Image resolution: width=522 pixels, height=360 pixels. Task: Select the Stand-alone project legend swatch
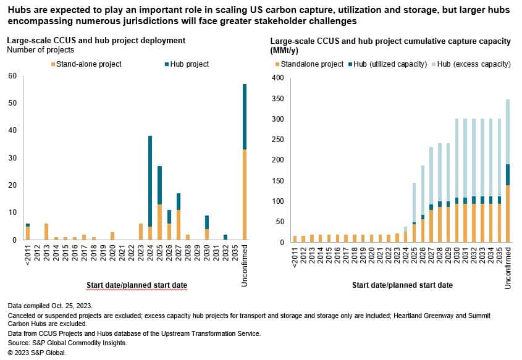(54, 64)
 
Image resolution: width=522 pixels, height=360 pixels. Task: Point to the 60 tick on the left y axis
(12, 76)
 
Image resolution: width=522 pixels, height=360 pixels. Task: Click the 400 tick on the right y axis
(278, 78)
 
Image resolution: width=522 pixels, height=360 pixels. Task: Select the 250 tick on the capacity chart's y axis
(278, 140)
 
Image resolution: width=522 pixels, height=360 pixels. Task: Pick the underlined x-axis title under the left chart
(137, 285)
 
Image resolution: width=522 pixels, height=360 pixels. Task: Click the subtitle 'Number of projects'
(40, 49)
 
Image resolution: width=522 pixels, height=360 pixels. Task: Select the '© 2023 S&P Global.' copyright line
(36, 353)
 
